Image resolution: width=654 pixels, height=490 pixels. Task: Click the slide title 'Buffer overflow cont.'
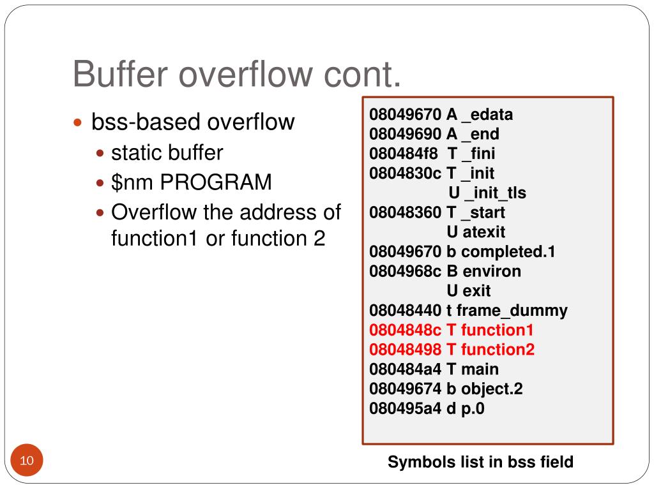pyautogui.click(x=237, y=74)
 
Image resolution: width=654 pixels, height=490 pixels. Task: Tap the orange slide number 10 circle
pyautogui.click(x=27, y=461)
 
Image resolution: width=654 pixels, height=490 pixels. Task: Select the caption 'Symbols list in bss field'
pyautogui.click(x=480, y=462)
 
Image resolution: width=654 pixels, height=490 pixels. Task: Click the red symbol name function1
pyautogui.click(x=497, y=330)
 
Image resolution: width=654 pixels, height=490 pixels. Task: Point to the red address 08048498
pyautogui.click(x=405, y=350)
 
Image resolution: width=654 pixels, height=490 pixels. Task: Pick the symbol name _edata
pyautogui.click(x=488, y=115)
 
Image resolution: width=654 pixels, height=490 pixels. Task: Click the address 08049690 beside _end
pyautogui.click(x=405, y=135)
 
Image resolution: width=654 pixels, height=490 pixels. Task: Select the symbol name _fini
pyautogui.click(x=479, y=154)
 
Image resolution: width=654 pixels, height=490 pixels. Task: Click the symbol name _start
pyautogui.click(x=484, y=212)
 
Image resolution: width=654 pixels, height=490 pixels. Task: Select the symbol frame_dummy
pyautogui.click(x=512, y=311)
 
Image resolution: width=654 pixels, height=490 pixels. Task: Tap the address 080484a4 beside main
pyautogui.click(x=405, y=369)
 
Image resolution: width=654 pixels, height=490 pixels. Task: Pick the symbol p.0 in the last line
pyautogui.click(x=473, y=408)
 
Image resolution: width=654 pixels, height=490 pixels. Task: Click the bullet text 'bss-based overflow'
pyautogui.click(x=193, y=121)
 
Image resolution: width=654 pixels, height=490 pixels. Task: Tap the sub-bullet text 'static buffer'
pyautogui.click(x=167, y=153)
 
